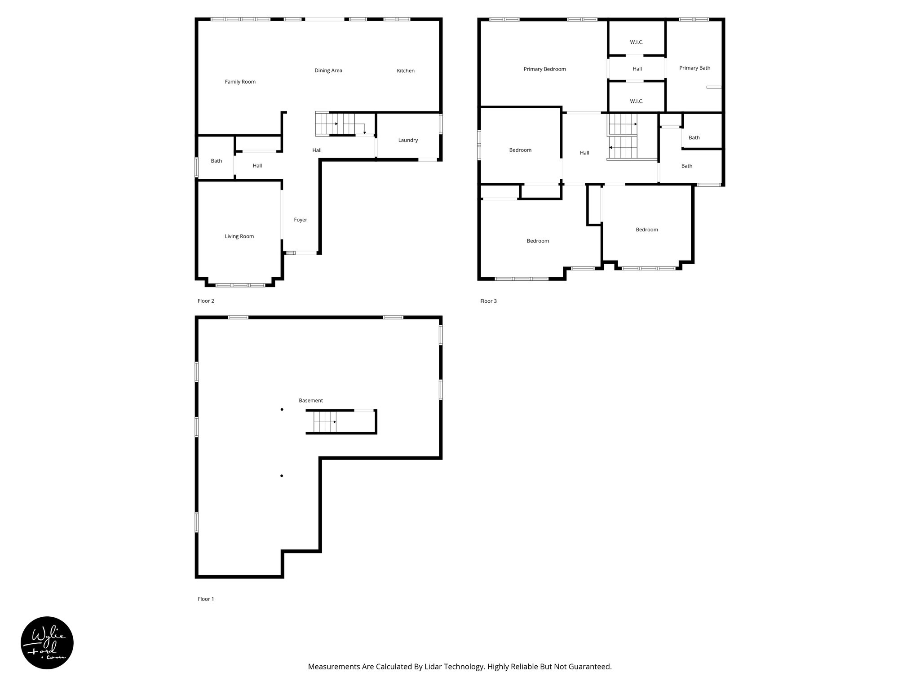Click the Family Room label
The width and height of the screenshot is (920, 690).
click(x=240, y=82)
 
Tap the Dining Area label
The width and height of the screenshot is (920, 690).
click(x=328, y=71)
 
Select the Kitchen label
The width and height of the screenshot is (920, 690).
click(x=405, y=71)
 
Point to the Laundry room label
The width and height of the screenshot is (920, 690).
click(x=408, y=140)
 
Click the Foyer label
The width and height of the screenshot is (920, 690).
click(x=301, y=220)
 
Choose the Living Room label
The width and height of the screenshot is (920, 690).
click(x=239, y=236)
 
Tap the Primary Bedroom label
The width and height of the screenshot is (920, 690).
click(x=544, y=69)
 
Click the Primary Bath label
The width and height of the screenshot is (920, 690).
click(x=694, y=68)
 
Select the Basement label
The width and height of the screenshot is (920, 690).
click(x=310, y=400)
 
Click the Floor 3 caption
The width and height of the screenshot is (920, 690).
click(x=488, y=301)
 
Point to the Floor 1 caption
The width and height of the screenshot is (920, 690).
click(x=206, y=599)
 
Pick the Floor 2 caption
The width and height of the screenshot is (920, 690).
click(x=206, y=301)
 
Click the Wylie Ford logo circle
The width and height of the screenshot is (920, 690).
click(x=47, y=643)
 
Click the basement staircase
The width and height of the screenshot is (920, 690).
click(x=325, y=422)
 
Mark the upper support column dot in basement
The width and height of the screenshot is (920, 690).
click(x=282, y=409)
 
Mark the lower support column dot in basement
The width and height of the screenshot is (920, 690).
click(x=282, y=476)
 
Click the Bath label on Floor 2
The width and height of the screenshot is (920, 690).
click(x=216, y=161)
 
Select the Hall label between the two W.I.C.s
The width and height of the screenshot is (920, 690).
click(x=637, y=69)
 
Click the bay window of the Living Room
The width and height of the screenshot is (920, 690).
click(x=240, y=285)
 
